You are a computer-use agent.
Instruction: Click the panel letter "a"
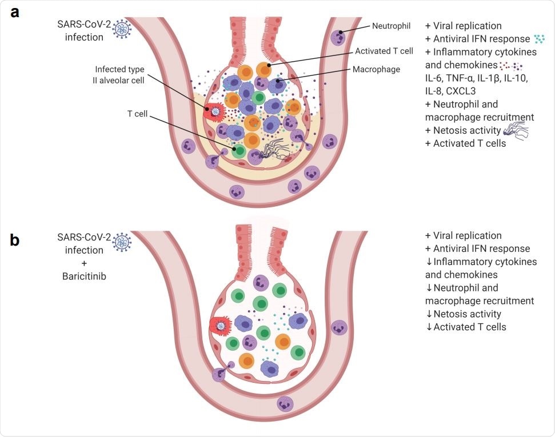[x=15, y=13]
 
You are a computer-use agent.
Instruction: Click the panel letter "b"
[x=15, y=240]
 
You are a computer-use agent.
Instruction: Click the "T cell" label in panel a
[x=137, y=114]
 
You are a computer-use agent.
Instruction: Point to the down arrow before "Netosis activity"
[x=429, y=314]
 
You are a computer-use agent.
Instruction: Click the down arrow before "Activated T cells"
[x=429, y=327]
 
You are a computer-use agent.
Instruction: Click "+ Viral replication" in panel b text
[x=464, y=235]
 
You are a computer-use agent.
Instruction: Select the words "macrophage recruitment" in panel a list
[x=480, y=117]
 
